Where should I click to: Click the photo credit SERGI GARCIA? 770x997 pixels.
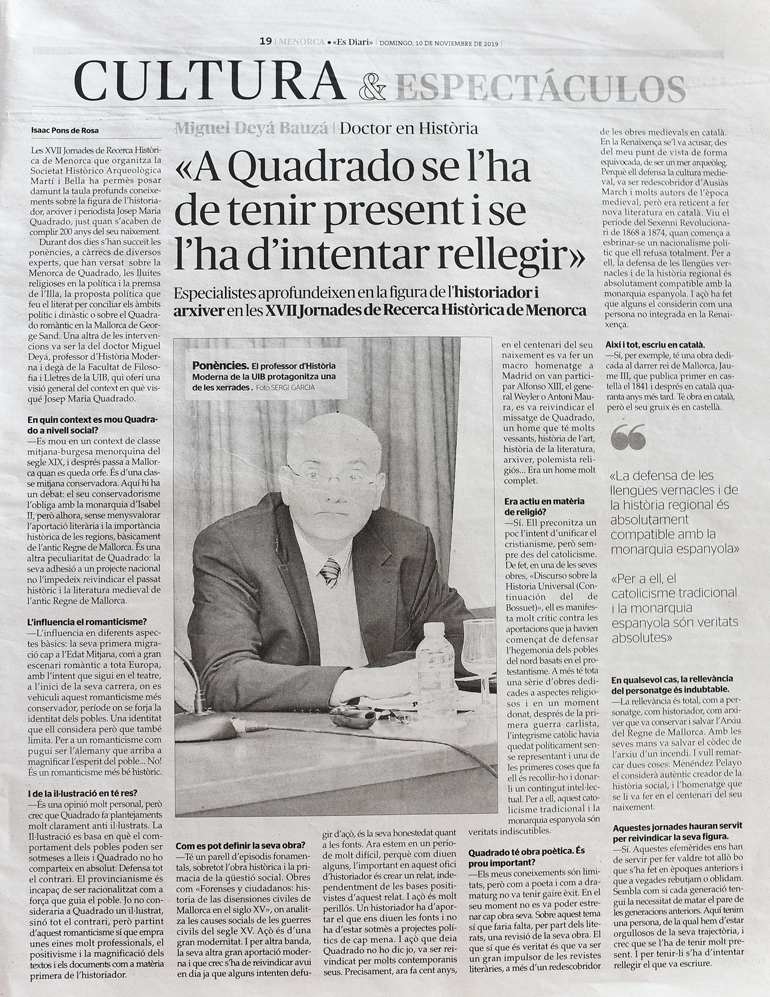tap(294, 387)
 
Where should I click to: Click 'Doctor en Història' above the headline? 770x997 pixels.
tap(409, 128)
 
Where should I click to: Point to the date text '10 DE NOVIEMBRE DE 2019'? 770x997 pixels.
tap(456, 43)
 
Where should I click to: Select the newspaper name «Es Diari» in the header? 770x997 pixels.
tap(353, 42)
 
